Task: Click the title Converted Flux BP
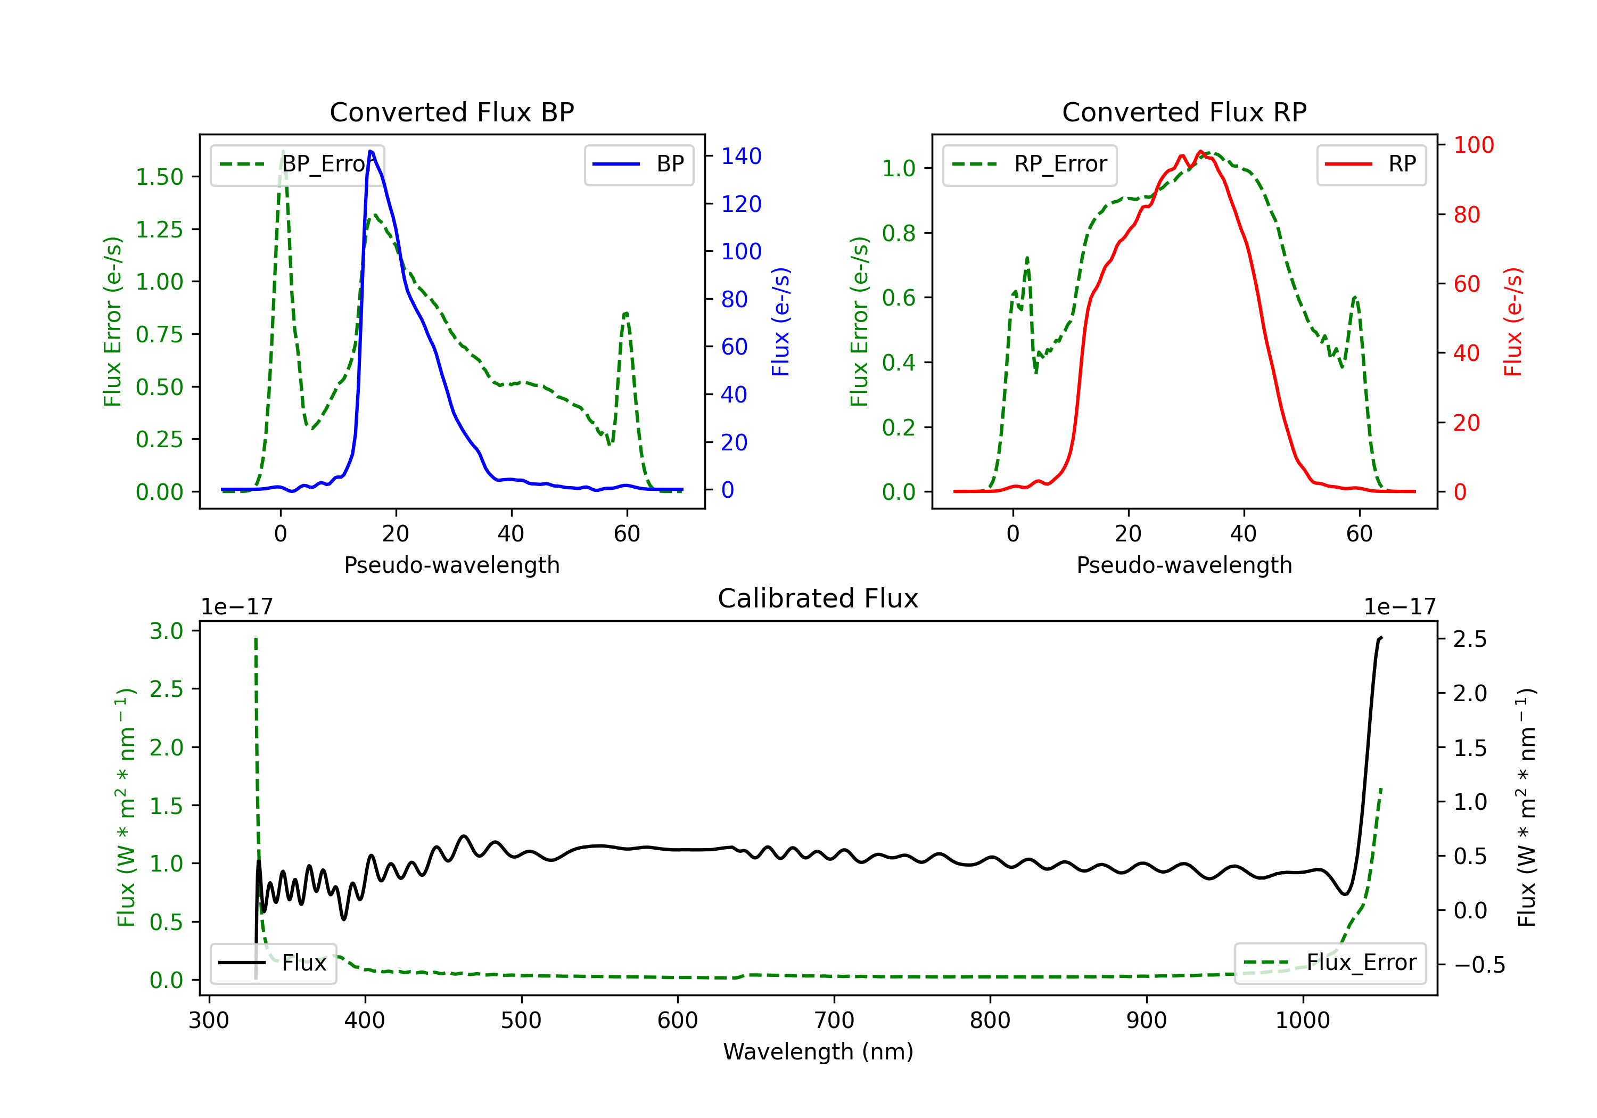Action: pos(451,112)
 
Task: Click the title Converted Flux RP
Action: pos(1184,112)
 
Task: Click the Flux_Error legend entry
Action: pos(1329,963)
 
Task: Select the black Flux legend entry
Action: pos(274,963)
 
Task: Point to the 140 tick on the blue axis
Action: pos(741,157)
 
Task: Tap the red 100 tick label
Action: pos(1473,145)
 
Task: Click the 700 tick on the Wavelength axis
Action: pos(834,1020)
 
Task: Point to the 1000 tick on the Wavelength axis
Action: pos(1302,1020)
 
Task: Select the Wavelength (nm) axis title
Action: pos(818,1051)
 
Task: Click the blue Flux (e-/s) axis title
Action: pos(780,322)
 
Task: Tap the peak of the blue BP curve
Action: pos(371,151)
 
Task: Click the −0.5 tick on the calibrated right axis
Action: pos(1479,965)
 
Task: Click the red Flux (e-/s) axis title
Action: pos(1513,322)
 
